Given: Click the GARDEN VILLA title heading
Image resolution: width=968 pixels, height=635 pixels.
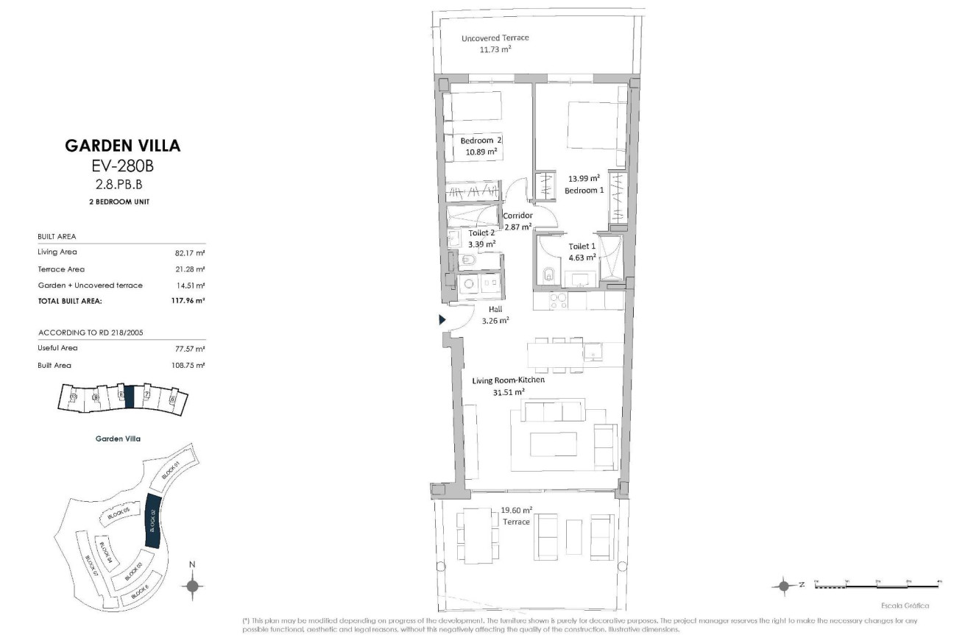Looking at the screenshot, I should click(x=122, y=145).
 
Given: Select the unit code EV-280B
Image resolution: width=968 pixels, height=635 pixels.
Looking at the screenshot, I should click(x=122, y=166).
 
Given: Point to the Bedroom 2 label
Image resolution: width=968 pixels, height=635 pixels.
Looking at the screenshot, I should click(x=481, y=141).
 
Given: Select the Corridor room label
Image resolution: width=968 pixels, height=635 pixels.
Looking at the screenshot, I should click(x=517, y=216).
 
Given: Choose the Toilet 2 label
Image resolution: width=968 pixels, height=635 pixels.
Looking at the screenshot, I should click(x=482, y=233).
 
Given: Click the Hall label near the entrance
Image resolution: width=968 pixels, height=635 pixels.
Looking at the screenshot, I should click(x=495, y=309).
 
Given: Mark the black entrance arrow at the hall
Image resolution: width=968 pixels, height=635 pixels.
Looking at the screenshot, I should click(x=442, y=320).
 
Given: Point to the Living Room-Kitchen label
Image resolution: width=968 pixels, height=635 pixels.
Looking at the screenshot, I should click(x=508, y=380).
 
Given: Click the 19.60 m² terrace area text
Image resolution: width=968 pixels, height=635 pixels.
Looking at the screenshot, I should click(x=516, y=510).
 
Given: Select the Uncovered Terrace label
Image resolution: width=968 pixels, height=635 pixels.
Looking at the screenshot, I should click(x=495, y=38).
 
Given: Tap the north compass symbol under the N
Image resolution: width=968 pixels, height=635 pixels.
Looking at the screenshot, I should click(x=192, y=586).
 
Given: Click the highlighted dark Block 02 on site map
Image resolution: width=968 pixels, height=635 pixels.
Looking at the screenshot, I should click(x=154, y=520).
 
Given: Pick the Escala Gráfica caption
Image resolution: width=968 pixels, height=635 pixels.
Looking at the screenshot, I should click(x=904, y=606).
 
